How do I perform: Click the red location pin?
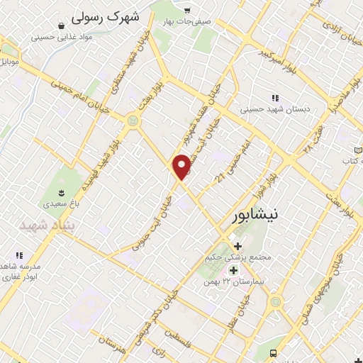point(183,166)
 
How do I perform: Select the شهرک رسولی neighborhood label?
point(107,15)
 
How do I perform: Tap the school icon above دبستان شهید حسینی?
point(274,98)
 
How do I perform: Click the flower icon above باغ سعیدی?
point(61,192)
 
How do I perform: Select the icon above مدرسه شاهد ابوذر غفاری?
point(20,255)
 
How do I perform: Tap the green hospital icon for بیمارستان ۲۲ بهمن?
point(233,270)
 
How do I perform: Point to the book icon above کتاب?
point(358,152)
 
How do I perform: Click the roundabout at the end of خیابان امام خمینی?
point(133,122)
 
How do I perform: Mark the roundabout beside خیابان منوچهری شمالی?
point(275,302)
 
